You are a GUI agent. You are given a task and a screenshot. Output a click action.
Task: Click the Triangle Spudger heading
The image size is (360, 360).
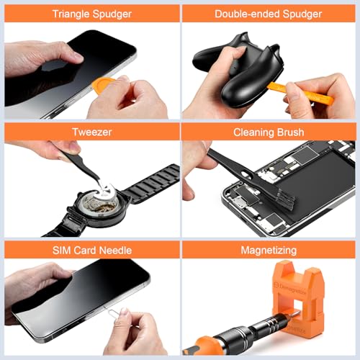coord(89,13)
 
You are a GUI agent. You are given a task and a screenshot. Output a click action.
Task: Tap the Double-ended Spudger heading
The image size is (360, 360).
coord(269,13)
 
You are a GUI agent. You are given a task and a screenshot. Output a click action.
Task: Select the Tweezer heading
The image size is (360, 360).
coord(89,132)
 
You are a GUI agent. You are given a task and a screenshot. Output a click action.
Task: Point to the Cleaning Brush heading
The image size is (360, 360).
coord(269,132)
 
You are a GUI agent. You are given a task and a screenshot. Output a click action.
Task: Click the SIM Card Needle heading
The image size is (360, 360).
coord(89,249)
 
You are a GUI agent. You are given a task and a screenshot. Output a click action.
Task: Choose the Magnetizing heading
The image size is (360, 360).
coord(269,249)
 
